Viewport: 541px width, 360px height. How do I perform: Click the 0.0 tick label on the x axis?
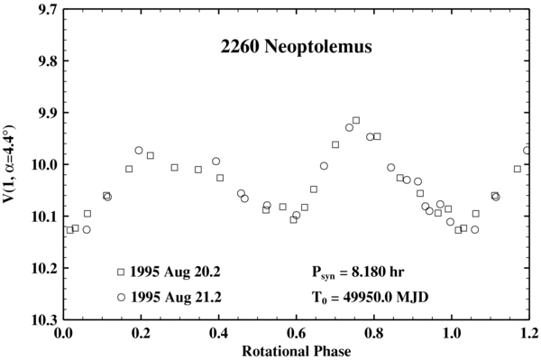point(63,333)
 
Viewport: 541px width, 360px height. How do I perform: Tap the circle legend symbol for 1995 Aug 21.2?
point(121,296)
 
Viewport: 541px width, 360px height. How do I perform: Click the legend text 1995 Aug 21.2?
point(171,296)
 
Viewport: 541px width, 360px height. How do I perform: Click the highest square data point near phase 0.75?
point(356,120)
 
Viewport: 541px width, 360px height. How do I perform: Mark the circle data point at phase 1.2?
point(527,150)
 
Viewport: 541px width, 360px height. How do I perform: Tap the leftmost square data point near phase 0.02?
point(69,230)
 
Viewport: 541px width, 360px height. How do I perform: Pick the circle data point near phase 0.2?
point(139,151)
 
